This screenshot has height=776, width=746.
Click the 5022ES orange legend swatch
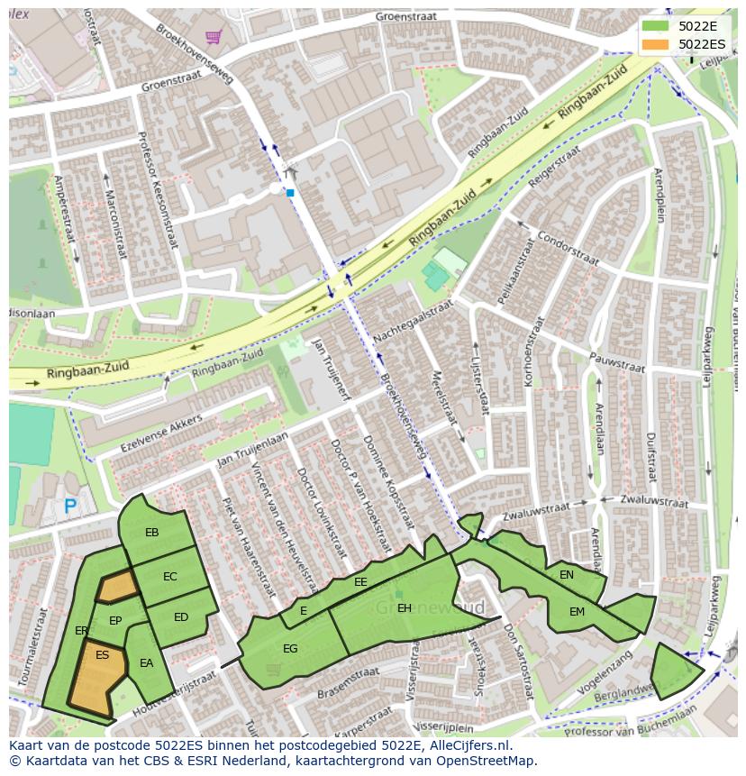pos(656,44)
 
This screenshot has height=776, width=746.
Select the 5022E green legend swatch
pos(656,25)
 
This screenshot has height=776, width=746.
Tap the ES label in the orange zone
pos(102,655)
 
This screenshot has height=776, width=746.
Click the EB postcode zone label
pos(151,533)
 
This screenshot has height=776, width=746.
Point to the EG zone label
pos(290,648)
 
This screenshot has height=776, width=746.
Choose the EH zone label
pos(405,608)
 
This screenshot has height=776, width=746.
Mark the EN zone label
pos(567,575)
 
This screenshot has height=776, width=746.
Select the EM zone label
pos(577,612)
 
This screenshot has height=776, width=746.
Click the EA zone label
pos(146,663)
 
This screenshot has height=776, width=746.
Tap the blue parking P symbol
pos(70,507)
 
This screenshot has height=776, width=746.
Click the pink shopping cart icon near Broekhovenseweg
pos(214,37)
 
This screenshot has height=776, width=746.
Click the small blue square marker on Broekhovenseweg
pos(290,192)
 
